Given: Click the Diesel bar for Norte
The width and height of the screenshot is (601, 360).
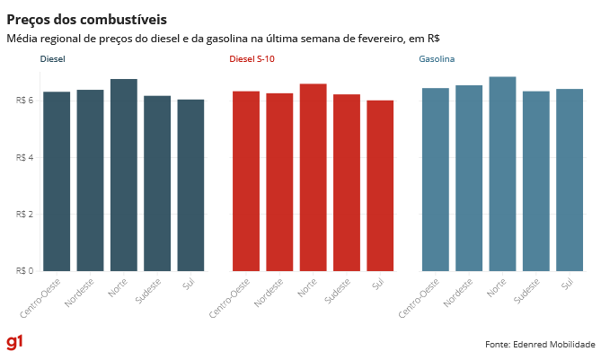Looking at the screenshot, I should [x=123, y=175].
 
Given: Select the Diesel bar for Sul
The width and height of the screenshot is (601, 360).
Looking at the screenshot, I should [x=190, y=185].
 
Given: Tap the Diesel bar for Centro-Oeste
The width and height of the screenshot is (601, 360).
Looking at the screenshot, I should [x=57, y=180].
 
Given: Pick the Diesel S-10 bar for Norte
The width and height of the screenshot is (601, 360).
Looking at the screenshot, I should [x=313, y=177].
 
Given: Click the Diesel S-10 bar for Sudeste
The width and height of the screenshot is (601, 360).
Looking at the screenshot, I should [x=347, y=182].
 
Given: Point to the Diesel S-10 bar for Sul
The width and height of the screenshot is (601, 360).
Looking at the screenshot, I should [x=380, y=185].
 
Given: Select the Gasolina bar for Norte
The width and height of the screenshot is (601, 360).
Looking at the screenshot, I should [x=502, y=173].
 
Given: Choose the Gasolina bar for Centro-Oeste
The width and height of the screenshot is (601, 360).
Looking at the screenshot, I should [x=436, y=179].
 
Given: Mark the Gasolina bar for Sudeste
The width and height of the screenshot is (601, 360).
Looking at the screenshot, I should [x=536, y=180].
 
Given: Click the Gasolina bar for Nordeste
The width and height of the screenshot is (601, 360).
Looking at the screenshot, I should [x=469, y=178].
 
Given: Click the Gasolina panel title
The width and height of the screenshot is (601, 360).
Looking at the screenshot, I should [x=437, y=59].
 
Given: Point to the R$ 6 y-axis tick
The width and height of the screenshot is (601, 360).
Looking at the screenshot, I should [x=25, y=100].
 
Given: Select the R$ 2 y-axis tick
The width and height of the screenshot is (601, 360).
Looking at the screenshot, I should [x=25, y=214].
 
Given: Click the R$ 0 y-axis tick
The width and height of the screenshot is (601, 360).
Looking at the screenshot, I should [x=25, y=270].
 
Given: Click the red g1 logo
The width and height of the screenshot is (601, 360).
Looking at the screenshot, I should [x=14, y=343].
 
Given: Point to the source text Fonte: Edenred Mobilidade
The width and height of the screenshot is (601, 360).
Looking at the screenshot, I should [x=540, y=344].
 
